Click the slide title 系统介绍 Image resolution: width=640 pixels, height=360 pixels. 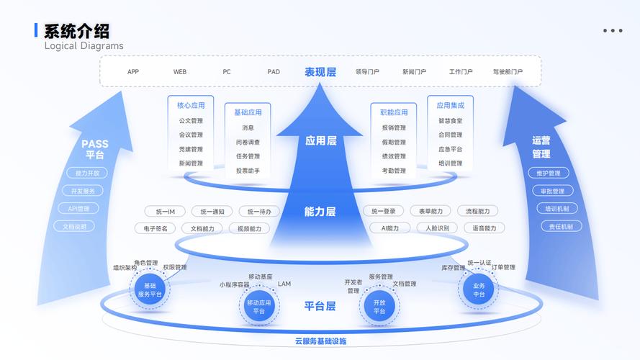[77, 31]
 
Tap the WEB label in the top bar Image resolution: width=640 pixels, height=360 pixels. [180, 72]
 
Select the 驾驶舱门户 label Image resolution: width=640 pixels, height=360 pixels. [508, 72]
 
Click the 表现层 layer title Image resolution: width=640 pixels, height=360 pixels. [320, 72]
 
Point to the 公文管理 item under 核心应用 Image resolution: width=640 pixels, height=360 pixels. [191, 121]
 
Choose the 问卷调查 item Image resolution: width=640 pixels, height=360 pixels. [248, 143]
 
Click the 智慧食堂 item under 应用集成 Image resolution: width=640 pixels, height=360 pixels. [450, 121]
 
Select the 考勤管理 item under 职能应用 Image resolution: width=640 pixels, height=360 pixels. [394, 171]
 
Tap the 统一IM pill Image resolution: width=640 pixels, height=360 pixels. [165, 212]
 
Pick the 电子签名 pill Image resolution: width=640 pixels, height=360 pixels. [156, 228]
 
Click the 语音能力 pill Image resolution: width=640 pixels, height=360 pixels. [479, 228]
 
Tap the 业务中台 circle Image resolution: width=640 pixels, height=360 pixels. [479, 289]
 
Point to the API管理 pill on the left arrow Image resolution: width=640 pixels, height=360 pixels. [78, 209]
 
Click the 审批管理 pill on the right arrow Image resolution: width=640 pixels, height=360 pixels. [552, 191]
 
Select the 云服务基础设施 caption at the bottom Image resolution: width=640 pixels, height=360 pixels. [320, 341]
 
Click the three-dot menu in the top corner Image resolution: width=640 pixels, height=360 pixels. [613, 31]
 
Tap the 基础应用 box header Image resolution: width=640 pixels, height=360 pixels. [248, 112]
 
